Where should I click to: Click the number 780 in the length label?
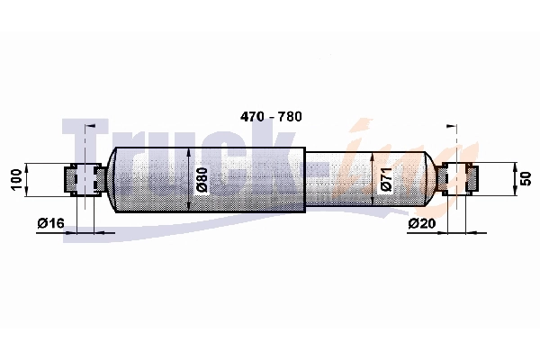288,118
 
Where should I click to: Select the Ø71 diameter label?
385,180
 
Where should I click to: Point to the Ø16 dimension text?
50,223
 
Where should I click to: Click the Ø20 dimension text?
421,223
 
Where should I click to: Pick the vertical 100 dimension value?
14,179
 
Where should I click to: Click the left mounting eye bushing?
83,179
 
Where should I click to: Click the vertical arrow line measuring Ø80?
189,179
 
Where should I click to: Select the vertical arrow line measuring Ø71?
373,179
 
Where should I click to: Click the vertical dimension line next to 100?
29,179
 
